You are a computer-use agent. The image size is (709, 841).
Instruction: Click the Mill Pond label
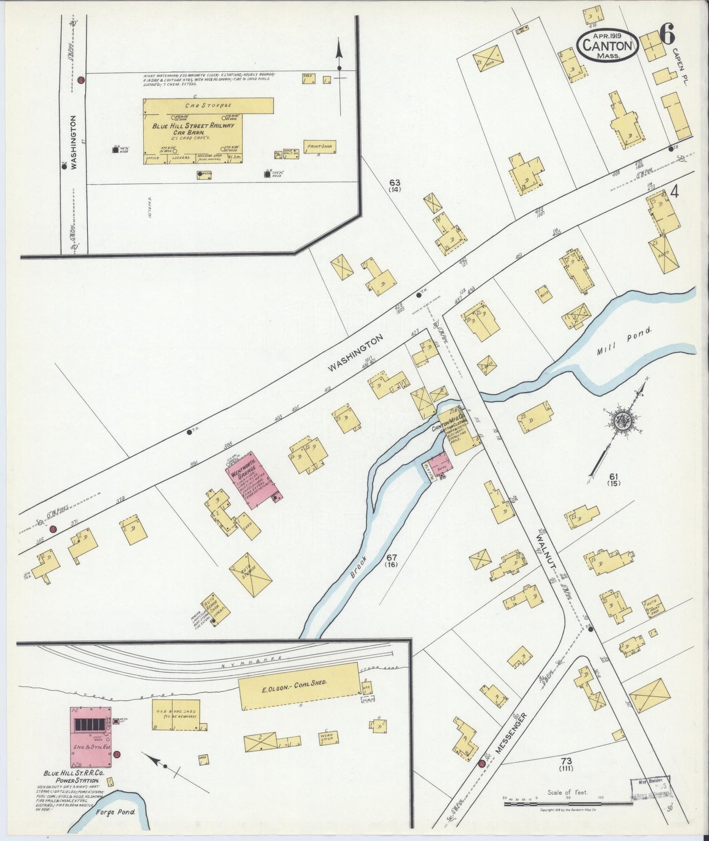pos(624,342)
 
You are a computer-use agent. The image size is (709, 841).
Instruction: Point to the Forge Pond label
pos(116,812)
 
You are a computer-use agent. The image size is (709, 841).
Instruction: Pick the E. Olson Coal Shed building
pos(299,685)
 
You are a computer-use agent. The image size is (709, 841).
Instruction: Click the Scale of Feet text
pos(567,792)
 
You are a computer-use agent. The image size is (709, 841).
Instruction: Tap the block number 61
pos(613,476)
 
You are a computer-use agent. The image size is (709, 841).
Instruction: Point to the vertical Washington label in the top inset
pos(74,142)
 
